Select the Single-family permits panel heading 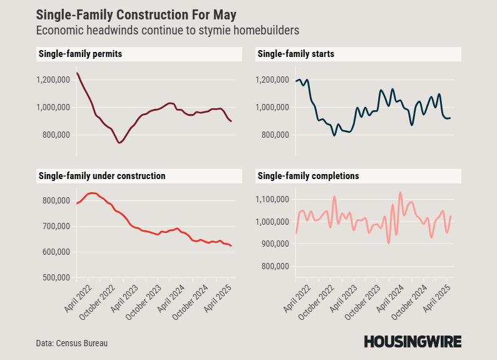click(80, 54)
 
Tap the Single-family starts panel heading click(296, 54)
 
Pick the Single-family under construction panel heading click(102, 177)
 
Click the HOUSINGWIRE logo click(412, 342)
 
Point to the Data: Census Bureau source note click(68, 343)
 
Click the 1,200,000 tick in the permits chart click(53, 80)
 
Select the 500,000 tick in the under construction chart click(55, 277)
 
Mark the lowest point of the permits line click(119, 143)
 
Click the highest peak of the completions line click(401, 192)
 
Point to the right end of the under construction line click(232, 246)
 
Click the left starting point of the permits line click(77, 73)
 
